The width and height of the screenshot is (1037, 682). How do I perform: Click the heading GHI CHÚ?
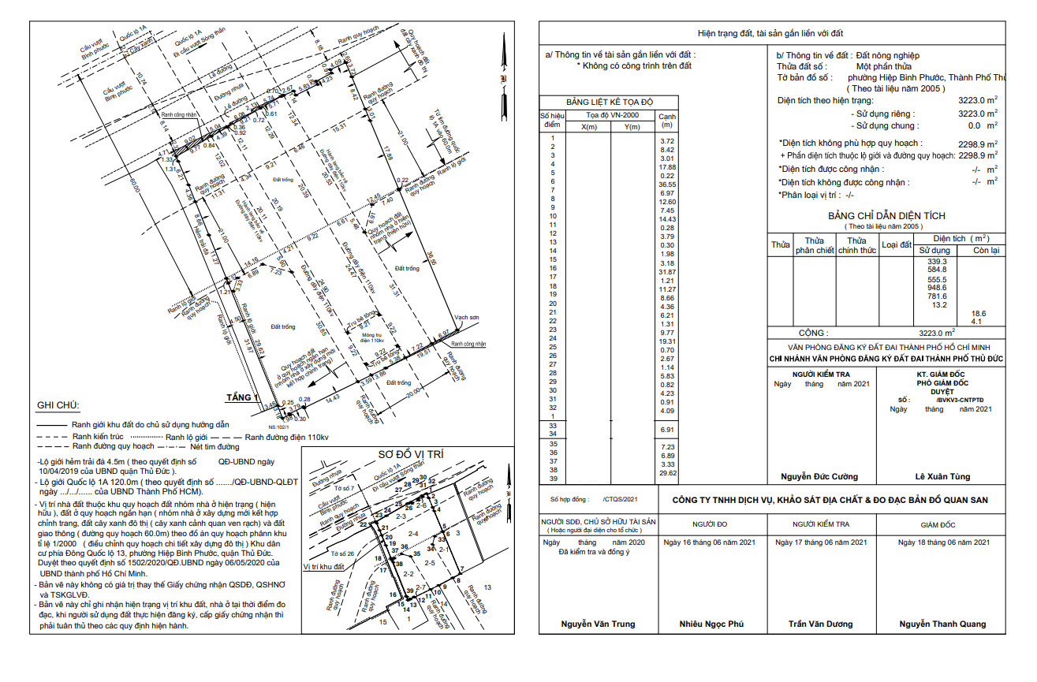(x=58, y=405)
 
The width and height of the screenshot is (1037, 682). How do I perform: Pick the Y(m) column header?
(x=632, y=126)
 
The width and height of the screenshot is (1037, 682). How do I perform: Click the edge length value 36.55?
(x=667, y=184)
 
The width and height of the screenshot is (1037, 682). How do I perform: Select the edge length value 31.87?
(x=667, y=272)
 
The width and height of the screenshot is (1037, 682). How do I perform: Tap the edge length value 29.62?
(x=667, y=473)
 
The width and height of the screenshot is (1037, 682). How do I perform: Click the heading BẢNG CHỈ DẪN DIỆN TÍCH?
(x=886, y=216)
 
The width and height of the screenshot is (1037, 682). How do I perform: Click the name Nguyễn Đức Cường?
(x=819, y=476)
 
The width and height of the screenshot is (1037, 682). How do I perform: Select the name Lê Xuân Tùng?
(x=942, y=476)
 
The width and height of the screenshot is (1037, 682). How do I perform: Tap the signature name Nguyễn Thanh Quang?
(x=942, y=624)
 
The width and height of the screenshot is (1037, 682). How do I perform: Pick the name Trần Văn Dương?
(x=820, y=624)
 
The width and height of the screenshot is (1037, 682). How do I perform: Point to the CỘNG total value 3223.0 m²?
(x=937, y=333)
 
